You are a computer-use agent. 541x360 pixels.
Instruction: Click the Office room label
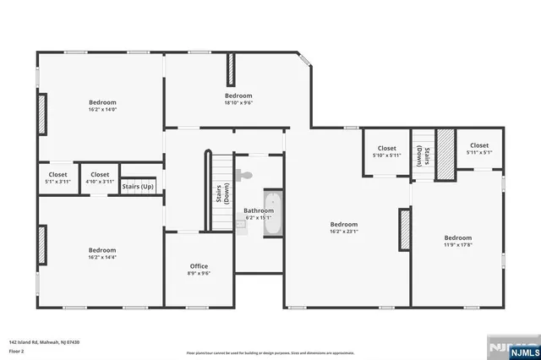point(199,266)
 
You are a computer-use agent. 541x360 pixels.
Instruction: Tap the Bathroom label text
point(259,210)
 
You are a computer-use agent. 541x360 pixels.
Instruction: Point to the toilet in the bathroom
point(244,176)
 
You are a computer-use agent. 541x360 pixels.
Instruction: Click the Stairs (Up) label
point(138,186)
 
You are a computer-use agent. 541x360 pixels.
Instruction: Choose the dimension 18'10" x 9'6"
point(238,103)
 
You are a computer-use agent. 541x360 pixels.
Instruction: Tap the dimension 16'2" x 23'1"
point(344,232)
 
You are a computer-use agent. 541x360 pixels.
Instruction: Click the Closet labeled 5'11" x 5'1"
point(479,153)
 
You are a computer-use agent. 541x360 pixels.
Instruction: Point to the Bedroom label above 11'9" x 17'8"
point(457,237)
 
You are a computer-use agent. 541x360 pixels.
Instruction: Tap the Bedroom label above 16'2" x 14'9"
point(101,102)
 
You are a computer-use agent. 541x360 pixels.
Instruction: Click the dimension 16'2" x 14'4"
point(101,258)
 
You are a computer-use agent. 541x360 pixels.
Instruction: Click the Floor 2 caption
point(17,350)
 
